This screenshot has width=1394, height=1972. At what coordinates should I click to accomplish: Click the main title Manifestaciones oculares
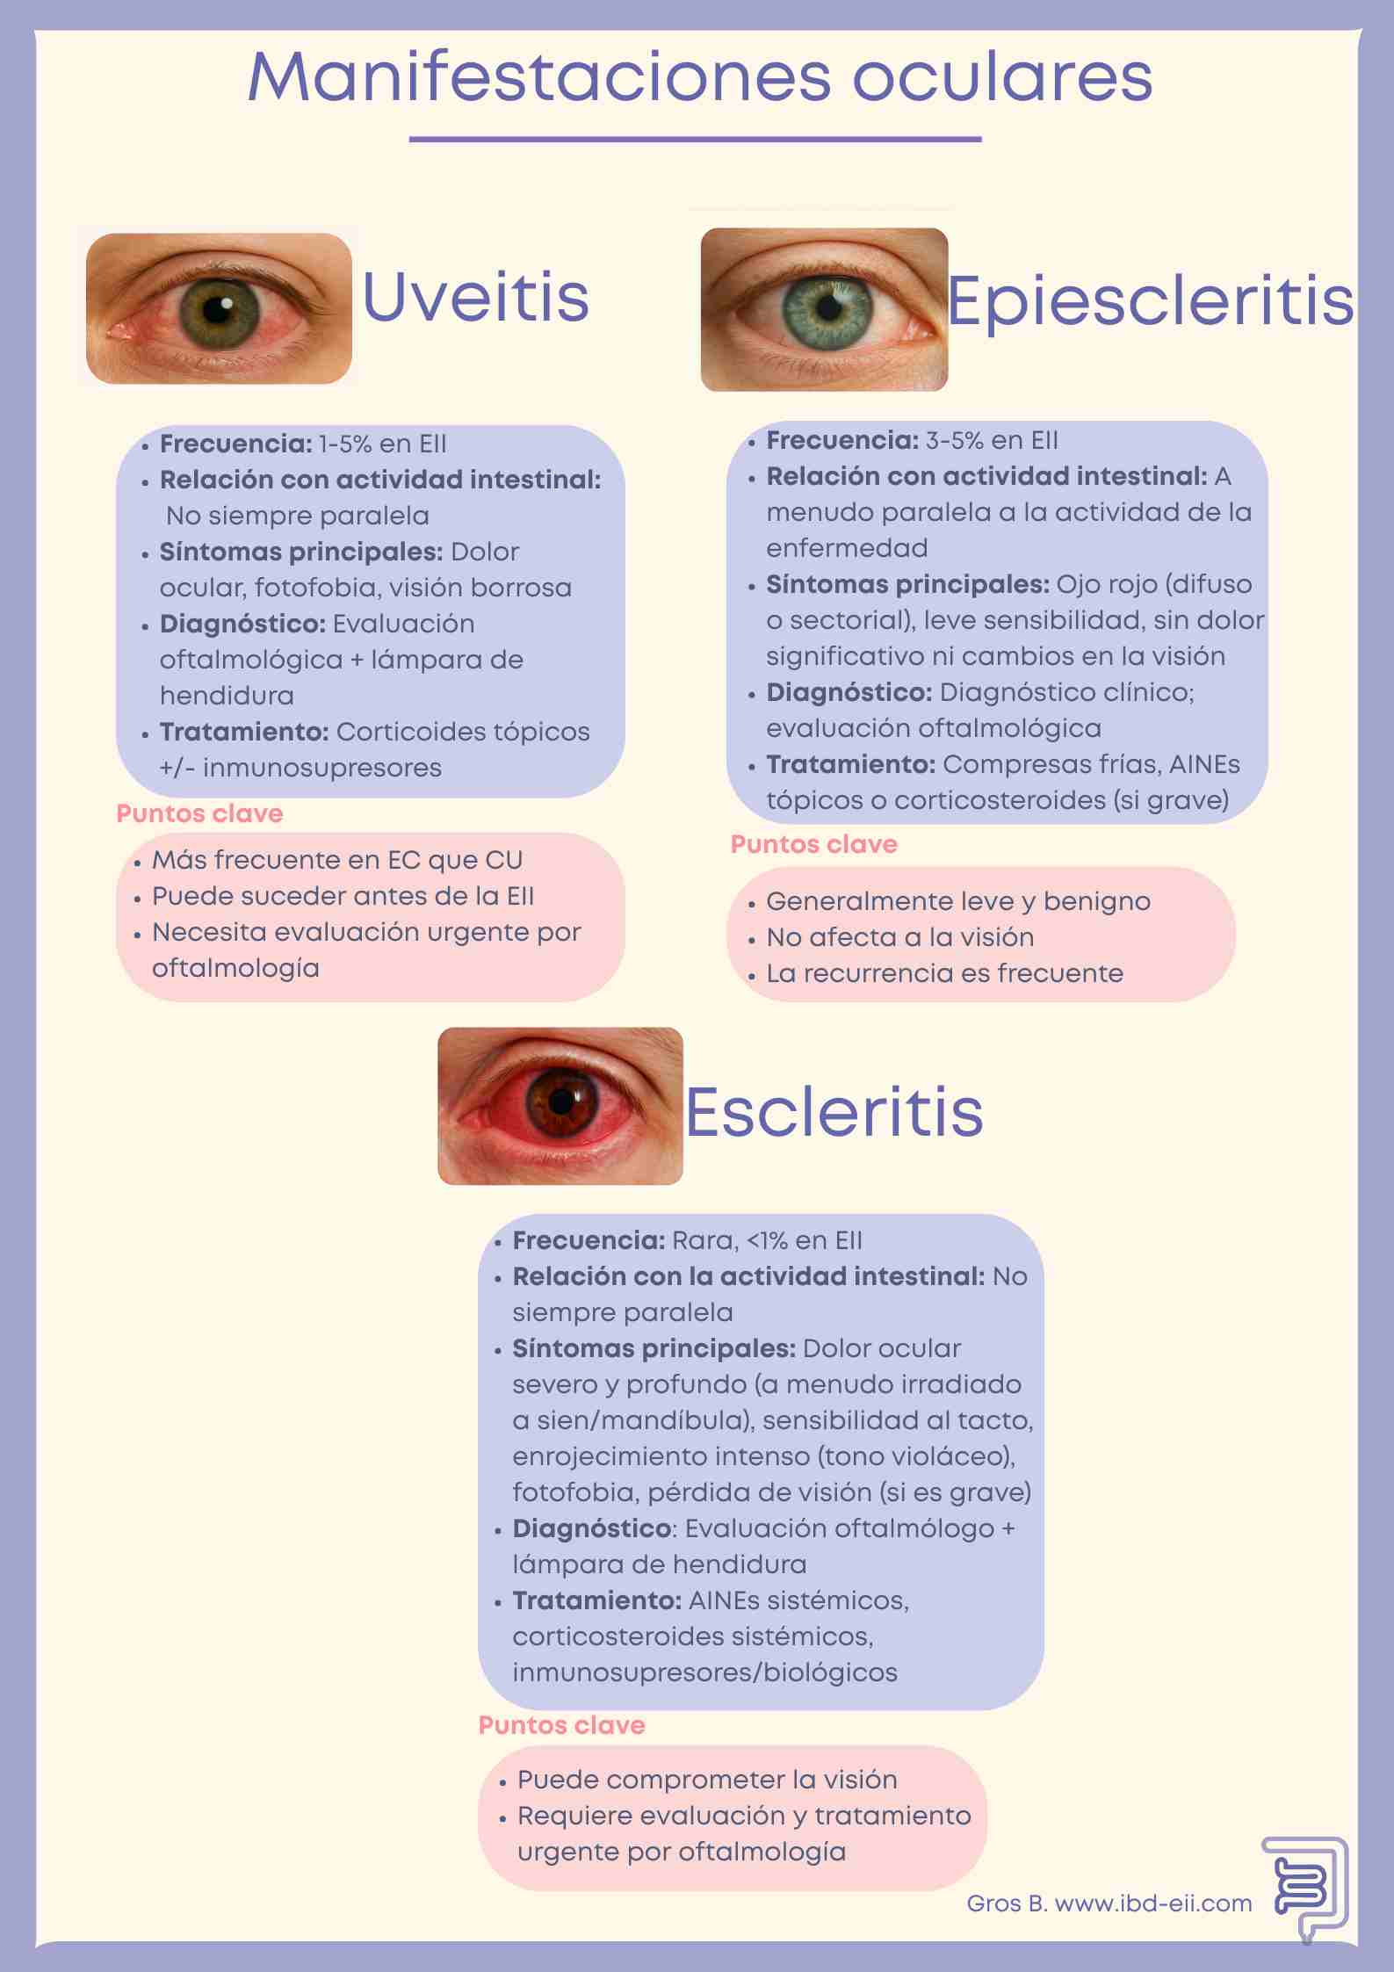(x=700, y=77)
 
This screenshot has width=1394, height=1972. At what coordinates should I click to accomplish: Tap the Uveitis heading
(x=475, y=297)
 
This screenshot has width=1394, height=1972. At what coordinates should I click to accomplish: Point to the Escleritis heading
(x=834, y=1111)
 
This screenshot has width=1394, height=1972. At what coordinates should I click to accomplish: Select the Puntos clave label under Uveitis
(x=199, y=813)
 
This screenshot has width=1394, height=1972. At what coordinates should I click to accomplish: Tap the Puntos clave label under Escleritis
(x=561, y=1725)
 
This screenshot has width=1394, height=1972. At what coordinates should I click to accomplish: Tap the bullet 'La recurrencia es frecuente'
(x=944, y=973)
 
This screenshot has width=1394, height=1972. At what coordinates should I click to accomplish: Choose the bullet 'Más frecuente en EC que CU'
(x=337, y=860)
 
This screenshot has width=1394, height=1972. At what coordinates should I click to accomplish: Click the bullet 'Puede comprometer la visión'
(x=707, y=1780)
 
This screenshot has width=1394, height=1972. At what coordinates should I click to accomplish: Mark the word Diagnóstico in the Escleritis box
(x=592, y=1528)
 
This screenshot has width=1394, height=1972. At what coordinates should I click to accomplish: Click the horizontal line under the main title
(x=695, y=139)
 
